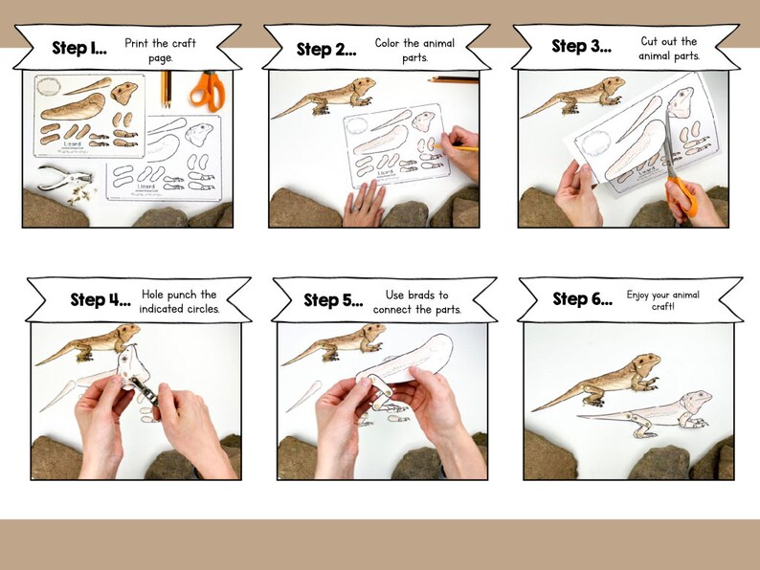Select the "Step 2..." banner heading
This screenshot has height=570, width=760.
click(326, 49)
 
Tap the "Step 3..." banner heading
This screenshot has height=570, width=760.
click(582, 46)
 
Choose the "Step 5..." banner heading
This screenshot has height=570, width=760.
click(334, 300)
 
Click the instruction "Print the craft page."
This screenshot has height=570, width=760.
click(161, 51)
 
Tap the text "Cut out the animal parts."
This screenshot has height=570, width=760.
click(669, 49)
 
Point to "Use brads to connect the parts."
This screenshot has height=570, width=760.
click(423, 301)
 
